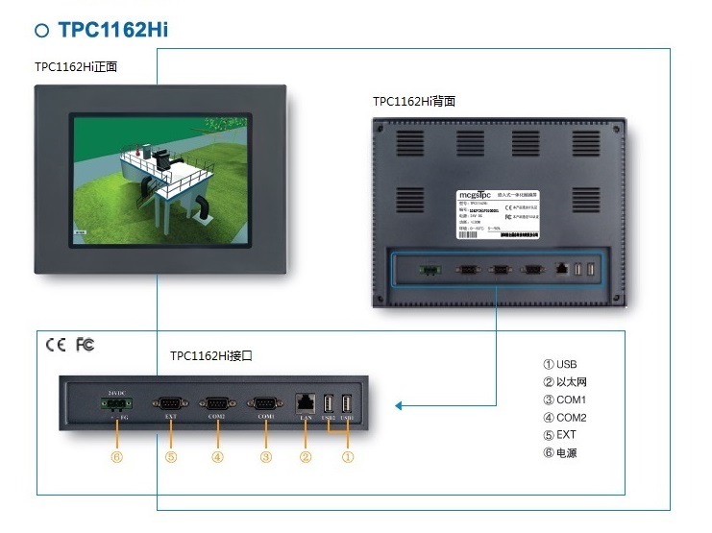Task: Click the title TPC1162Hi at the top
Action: tap(112, 29)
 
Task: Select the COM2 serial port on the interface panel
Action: tap(217, 403)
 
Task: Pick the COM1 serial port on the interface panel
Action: tap(264, 403)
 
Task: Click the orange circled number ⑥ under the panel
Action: tap(117, 457)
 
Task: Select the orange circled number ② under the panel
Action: tap(307, 457)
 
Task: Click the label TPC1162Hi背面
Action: tap(413, 100)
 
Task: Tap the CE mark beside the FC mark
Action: tap(56, 344)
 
